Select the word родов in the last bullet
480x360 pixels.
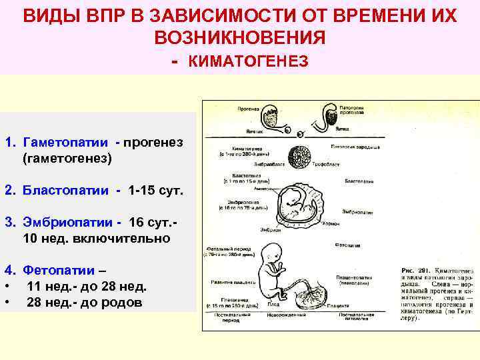[123, 302]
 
